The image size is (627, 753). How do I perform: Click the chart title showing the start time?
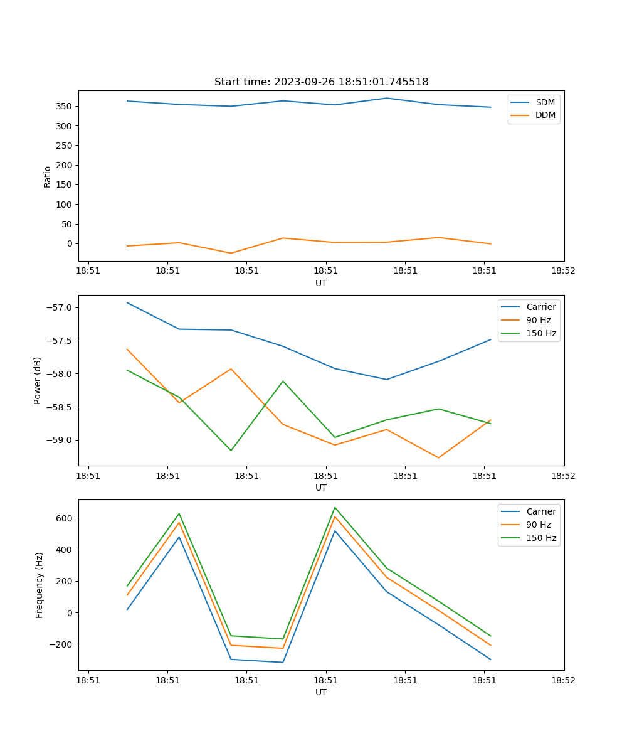pyautogui.click(x=321, y=82)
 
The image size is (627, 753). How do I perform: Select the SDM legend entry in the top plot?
pyautogui.click(x=545, y=102)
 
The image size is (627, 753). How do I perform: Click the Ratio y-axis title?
pyautogui.click(x=48, y=177)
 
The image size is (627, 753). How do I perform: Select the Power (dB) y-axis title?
pyautogui.click(x=38, y=380)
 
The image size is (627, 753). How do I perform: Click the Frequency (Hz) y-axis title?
pyautogui.click(x=39, y=585)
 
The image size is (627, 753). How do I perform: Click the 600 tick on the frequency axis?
pyautogui.click(x=65, y=518)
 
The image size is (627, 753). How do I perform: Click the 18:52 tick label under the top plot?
pyautogui.click(x=563, y=271)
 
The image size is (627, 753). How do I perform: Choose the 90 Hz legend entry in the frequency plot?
pyautogui.click(x=538, y=525)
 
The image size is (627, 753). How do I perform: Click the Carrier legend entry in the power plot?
pyautogui.click(x=540, y=307)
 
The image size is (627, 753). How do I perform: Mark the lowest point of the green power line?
pyautogui.click(x=231, y=451)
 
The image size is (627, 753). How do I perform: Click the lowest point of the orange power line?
pyautogui.click(x=438, y=457)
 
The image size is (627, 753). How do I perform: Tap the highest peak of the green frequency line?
pyautogui.click(x=335, y=507)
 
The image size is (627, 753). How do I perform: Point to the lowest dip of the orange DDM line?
pyautogui.click(x=231, y=253)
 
